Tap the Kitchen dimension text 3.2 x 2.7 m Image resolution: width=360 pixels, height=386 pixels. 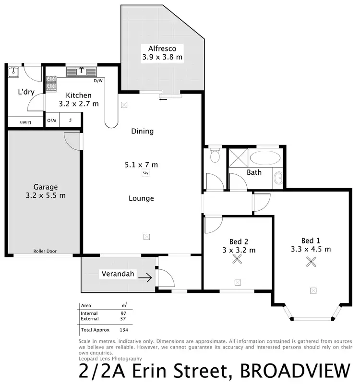coord(79,103)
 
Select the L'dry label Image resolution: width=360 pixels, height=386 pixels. coord(26,92)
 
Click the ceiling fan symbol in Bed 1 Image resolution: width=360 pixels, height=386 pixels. coord(312,262)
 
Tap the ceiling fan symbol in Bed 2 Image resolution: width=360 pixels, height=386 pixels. coord(237,259)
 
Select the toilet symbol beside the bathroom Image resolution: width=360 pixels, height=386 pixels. coord(215,156)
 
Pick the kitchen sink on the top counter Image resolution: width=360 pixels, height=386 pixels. coord(82,72)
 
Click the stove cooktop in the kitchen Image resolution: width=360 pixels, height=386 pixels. coord(51,83)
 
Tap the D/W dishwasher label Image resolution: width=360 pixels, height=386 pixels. coord(98,81)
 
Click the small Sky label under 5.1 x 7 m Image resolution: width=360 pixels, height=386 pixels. coord(145,173)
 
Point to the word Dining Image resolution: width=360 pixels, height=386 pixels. coord(142,131)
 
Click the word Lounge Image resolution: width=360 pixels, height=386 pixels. coord(141,198)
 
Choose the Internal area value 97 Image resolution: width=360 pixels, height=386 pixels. coord(123,313)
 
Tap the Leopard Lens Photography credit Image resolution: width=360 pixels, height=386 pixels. coord(110,358)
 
